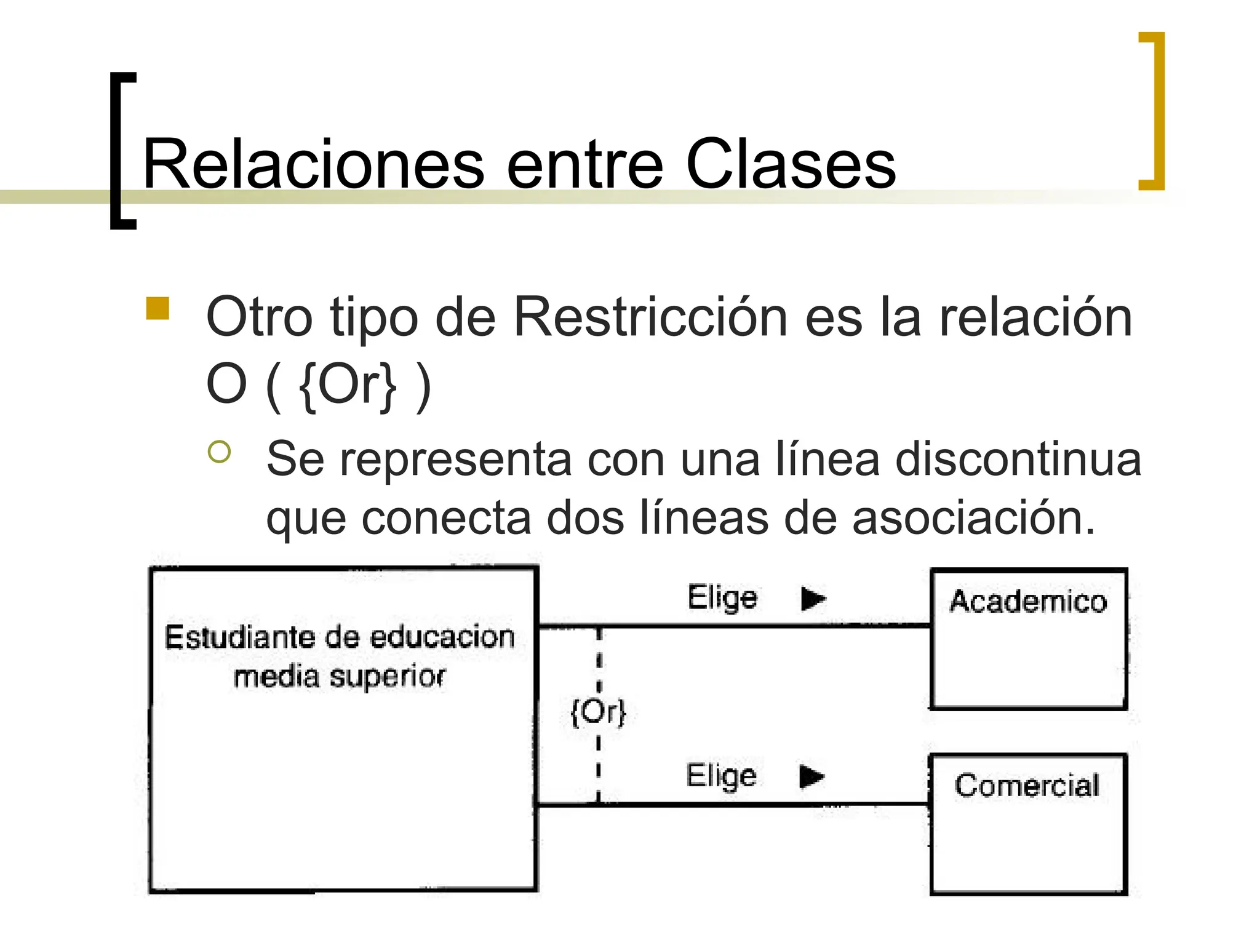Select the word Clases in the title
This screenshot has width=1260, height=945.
(x=790, y=165)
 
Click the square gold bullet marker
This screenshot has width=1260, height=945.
(x=157, y=309)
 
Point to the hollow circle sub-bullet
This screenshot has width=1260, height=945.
(x=219, y=452)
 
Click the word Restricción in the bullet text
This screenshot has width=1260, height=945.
(x=650, y=317)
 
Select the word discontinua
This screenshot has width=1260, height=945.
(x=1018, y=460)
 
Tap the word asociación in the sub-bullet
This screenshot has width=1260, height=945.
(x=973, y=518)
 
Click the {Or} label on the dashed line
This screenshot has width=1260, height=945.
(x=598, y=712)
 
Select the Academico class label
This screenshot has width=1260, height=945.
(x=1028, y=601)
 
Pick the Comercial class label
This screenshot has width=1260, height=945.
(x=1027, y=785)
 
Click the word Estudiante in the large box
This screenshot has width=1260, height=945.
(x=240, y=637)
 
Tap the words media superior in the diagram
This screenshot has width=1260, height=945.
(x=339, y=677)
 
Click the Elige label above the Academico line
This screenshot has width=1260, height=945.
(x=722, y=597)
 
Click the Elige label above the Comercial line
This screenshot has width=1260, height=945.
(x=721, y=775)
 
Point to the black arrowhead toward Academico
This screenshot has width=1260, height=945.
(x=813, y=599)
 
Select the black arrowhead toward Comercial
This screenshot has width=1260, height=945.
(x=811, y=776)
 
